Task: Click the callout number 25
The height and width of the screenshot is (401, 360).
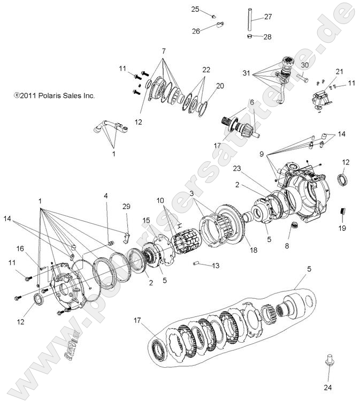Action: pos(195,9)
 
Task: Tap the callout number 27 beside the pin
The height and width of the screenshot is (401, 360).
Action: pos(268,17)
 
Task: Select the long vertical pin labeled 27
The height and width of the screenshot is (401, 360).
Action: pos(249,19)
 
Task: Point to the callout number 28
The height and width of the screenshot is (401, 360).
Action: pos(267,36)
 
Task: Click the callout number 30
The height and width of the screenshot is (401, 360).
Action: pos(305,65)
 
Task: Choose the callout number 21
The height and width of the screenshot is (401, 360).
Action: pos(324,71)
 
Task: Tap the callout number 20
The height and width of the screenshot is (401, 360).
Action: pos(220,86)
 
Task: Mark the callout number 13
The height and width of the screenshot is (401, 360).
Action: pos(216,266)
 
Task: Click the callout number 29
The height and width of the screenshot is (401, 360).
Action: pos(126,206)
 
